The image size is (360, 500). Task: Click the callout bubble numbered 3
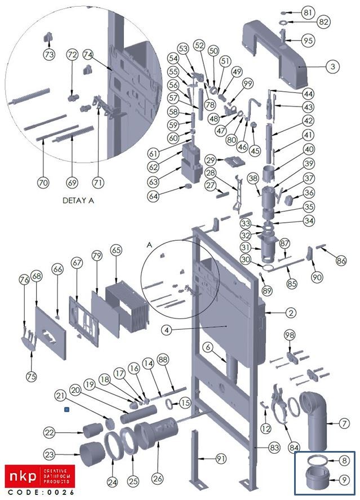coord(332,67)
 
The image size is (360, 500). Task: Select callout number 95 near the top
coord(308,41)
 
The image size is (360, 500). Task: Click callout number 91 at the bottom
coord(221,458)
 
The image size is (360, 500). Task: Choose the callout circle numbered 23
coord(51,455)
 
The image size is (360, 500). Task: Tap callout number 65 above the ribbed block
coord(116,249)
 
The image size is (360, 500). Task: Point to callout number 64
coord(154,196)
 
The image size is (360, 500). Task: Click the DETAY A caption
coord(77,200)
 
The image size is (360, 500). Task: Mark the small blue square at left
coord(67,410)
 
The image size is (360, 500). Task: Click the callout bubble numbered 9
coord(345,480)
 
